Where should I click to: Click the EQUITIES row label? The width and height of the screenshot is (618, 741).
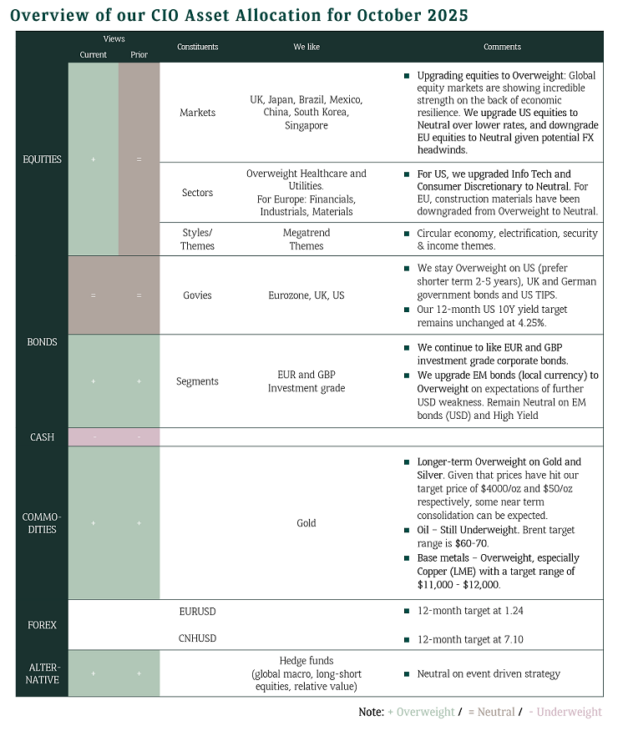click(42, 159)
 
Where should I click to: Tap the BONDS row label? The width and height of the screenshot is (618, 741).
click(42, 342)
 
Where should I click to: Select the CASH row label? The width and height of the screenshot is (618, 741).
click(42, 436)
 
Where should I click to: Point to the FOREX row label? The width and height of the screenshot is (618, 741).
click(42, 624)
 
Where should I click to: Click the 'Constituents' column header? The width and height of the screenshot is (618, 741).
click(197, 47)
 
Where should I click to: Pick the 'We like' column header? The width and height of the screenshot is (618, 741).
click(306, 47)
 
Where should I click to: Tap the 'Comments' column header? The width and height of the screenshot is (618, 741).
click(502, 47)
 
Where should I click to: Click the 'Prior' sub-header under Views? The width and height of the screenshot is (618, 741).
click(139, 55)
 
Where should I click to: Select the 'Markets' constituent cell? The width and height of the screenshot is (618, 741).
click(197, 113)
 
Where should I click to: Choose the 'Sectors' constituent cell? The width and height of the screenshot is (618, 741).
click(197, 193)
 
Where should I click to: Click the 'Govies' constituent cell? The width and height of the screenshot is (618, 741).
click(197, 295)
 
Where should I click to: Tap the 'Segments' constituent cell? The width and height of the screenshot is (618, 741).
click(197, 381)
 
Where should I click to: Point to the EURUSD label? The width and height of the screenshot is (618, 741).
click(197, 612)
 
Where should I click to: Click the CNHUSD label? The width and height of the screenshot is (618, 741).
click(197, 638)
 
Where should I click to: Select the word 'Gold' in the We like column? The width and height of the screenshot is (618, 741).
click(306, 523)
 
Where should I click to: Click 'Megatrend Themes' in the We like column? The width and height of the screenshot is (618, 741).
click(306, 239)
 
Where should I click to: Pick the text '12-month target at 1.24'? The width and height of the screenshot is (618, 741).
click(470, 612)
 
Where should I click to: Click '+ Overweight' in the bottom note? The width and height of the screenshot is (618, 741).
click(421, 712)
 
